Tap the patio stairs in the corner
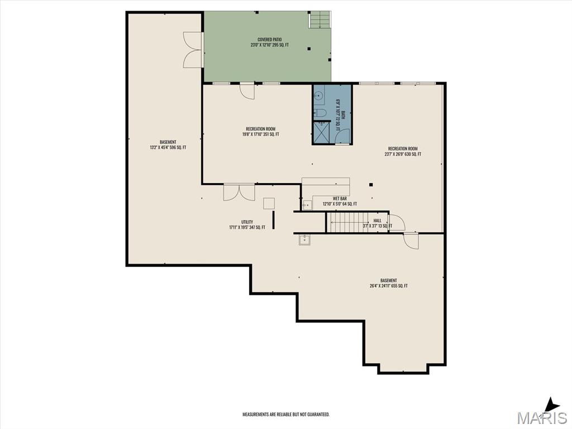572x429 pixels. [320, 20]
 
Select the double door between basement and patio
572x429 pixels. [193, 50]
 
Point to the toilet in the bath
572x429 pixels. [321, 113]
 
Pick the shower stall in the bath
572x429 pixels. [321, 132]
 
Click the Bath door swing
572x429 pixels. [342, 136]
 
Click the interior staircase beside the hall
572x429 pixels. [346, 222]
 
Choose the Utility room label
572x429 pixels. [247, 225]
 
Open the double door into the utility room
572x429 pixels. [239, 192]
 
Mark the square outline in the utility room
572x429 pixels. [269, 203]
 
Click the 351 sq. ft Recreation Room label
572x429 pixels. [260, 132]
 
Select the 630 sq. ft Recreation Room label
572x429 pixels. [403, 151]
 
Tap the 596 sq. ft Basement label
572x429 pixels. [168, 145]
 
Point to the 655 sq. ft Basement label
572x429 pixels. [389, 283]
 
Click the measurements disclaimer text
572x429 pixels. [285, 414]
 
